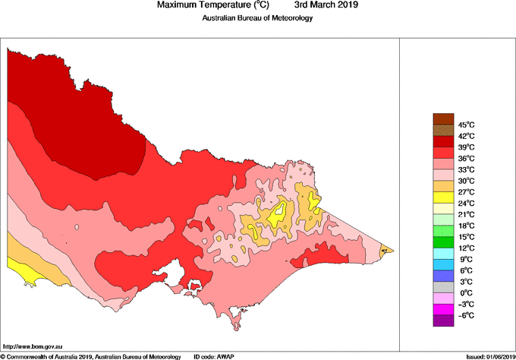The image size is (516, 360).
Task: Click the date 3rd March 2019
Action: click(326, 5)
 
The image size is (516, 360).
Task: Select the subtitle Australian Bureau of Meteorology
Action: click(257, 18)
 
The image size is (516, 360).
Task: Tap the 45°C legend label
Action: click(466, 125)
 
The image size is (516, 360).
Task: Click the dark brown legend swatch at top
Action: click(443, 118)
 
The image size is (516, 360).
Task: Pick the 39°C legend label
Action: click(466, 147)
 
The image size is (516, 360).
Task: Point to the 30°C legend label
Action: click(466, 181)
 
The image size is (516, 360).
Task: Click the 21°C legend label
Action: click(466, 215)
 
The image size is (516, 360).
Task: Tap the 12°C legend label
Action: click(466, 248)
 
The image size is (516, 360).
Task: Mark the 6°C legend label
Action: click(466, 270)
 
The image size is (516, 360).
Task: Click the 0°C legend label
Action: click(466, 293)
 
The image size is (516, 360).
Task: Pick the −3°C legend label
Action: click(465, 305)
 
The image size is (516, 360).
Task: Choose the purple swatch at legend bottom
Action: click(443, 321)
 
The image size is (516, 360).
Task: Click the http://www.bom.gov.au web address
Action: click(33, 346)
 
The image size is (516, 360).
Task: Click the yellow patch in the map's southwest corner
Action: click(19, 272)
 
